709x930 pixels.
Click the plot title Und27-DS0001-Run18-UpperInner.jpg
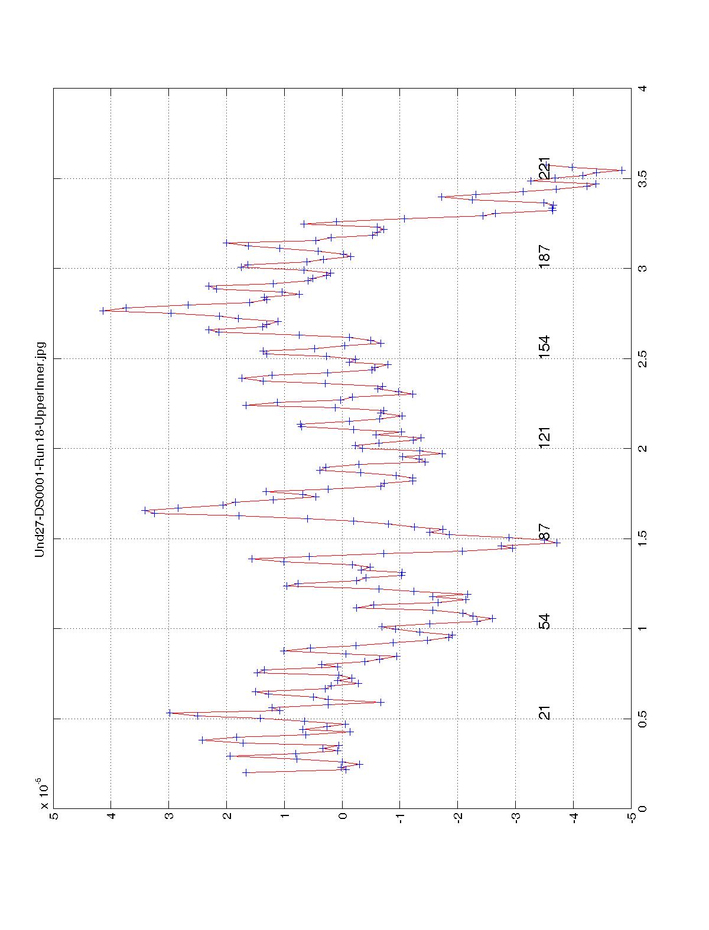pyautogui.click(x=40, y=449)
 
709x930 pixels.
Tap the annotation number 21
pyautogui.click(x=545, y=713)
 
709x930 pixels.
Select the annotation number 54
pyautogui.click(x=545, y=622)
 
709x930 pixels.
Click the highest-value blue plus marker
pyautogui.click(x=103, y=310)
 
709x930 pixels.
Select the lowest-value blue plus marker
pyautogui.click(x=622, y=170)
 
